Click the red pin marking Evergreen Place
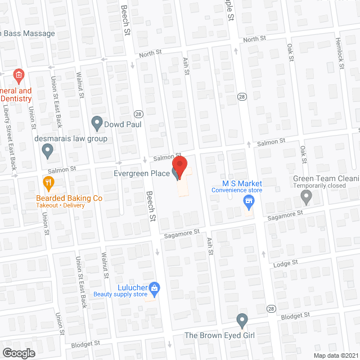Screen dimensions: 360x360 coord(179,166)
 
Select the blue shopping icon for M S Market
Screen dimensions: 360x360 coord(247,201)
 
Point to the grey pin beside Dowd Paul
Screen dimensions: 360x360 coord(97,123)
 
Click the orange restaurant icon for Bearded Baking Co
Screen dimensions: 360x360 coord(48,182)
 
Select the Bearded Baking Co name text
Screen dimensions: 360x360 coord(69,198)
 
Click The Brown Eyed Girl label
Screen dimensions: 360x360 coord(220,335)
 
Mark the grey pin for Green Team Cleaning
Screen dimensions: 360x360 coord(306,196)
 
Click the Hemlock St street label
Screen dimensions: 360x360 coord(341,58)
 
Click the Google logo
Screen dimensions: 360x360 coord(18,353)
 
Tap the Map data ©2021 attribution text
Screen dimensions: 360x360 coord(335,355)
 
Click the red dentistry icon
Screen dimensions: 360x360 coord(18,75)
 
